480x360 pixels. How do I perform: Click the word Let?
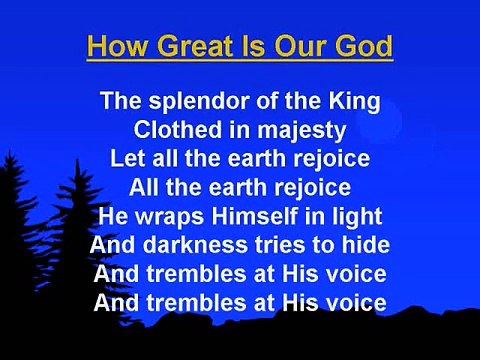point(128,157)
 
